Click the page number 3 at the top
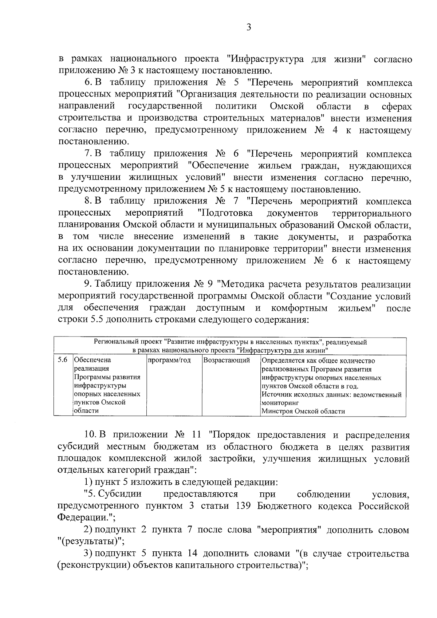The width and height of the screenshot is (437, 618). [249, 28]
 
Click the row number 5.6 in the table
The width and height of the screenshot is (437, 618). [63, 360]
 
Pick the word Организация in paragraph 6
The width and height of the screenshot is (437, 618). [206, 95]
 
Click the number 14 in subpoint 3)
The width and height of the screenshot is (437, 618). [192, 554]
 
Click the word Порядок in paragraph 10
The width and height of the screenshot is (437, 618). [233, 435]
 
